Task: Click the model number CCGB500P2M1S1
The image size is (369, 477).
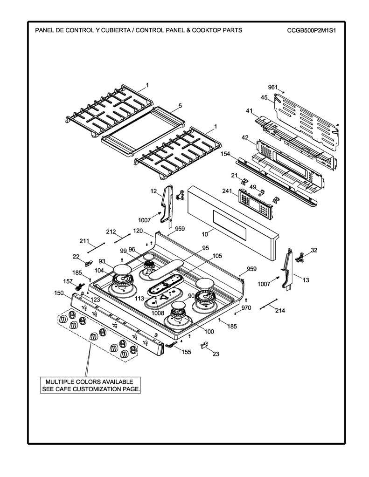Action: coord(311,30)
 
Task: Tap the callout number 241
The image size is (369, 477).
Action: coord(227,191)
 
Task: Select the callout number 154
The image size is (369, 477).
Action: coord(225,154)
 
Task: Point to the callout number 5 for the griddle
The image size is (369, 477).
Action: coord(180,106)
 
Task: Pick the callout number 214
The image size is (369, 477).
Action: coord(280,311)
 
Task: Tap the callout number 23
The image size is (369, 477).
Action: coord(216,354)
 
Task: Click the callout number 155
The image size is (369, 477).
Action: coord(187,352)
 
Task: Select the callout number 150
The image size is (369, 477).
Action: coord(59,293)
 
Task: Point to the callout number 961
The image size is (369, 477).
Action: coord(273,87)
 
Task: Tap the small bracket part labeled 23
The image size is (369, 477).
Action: coord(203,344)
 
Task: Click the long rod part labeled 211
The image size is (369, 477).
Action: coord(96,248)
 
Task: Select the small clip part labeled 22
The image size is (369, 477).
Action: coord(89,263)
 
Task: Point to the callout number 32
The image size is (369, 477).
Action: coord(314,250)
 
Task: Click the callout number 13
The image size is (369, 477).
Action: coord(306,280)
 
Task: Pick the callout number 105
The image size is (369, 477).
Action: coord(217,256)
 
